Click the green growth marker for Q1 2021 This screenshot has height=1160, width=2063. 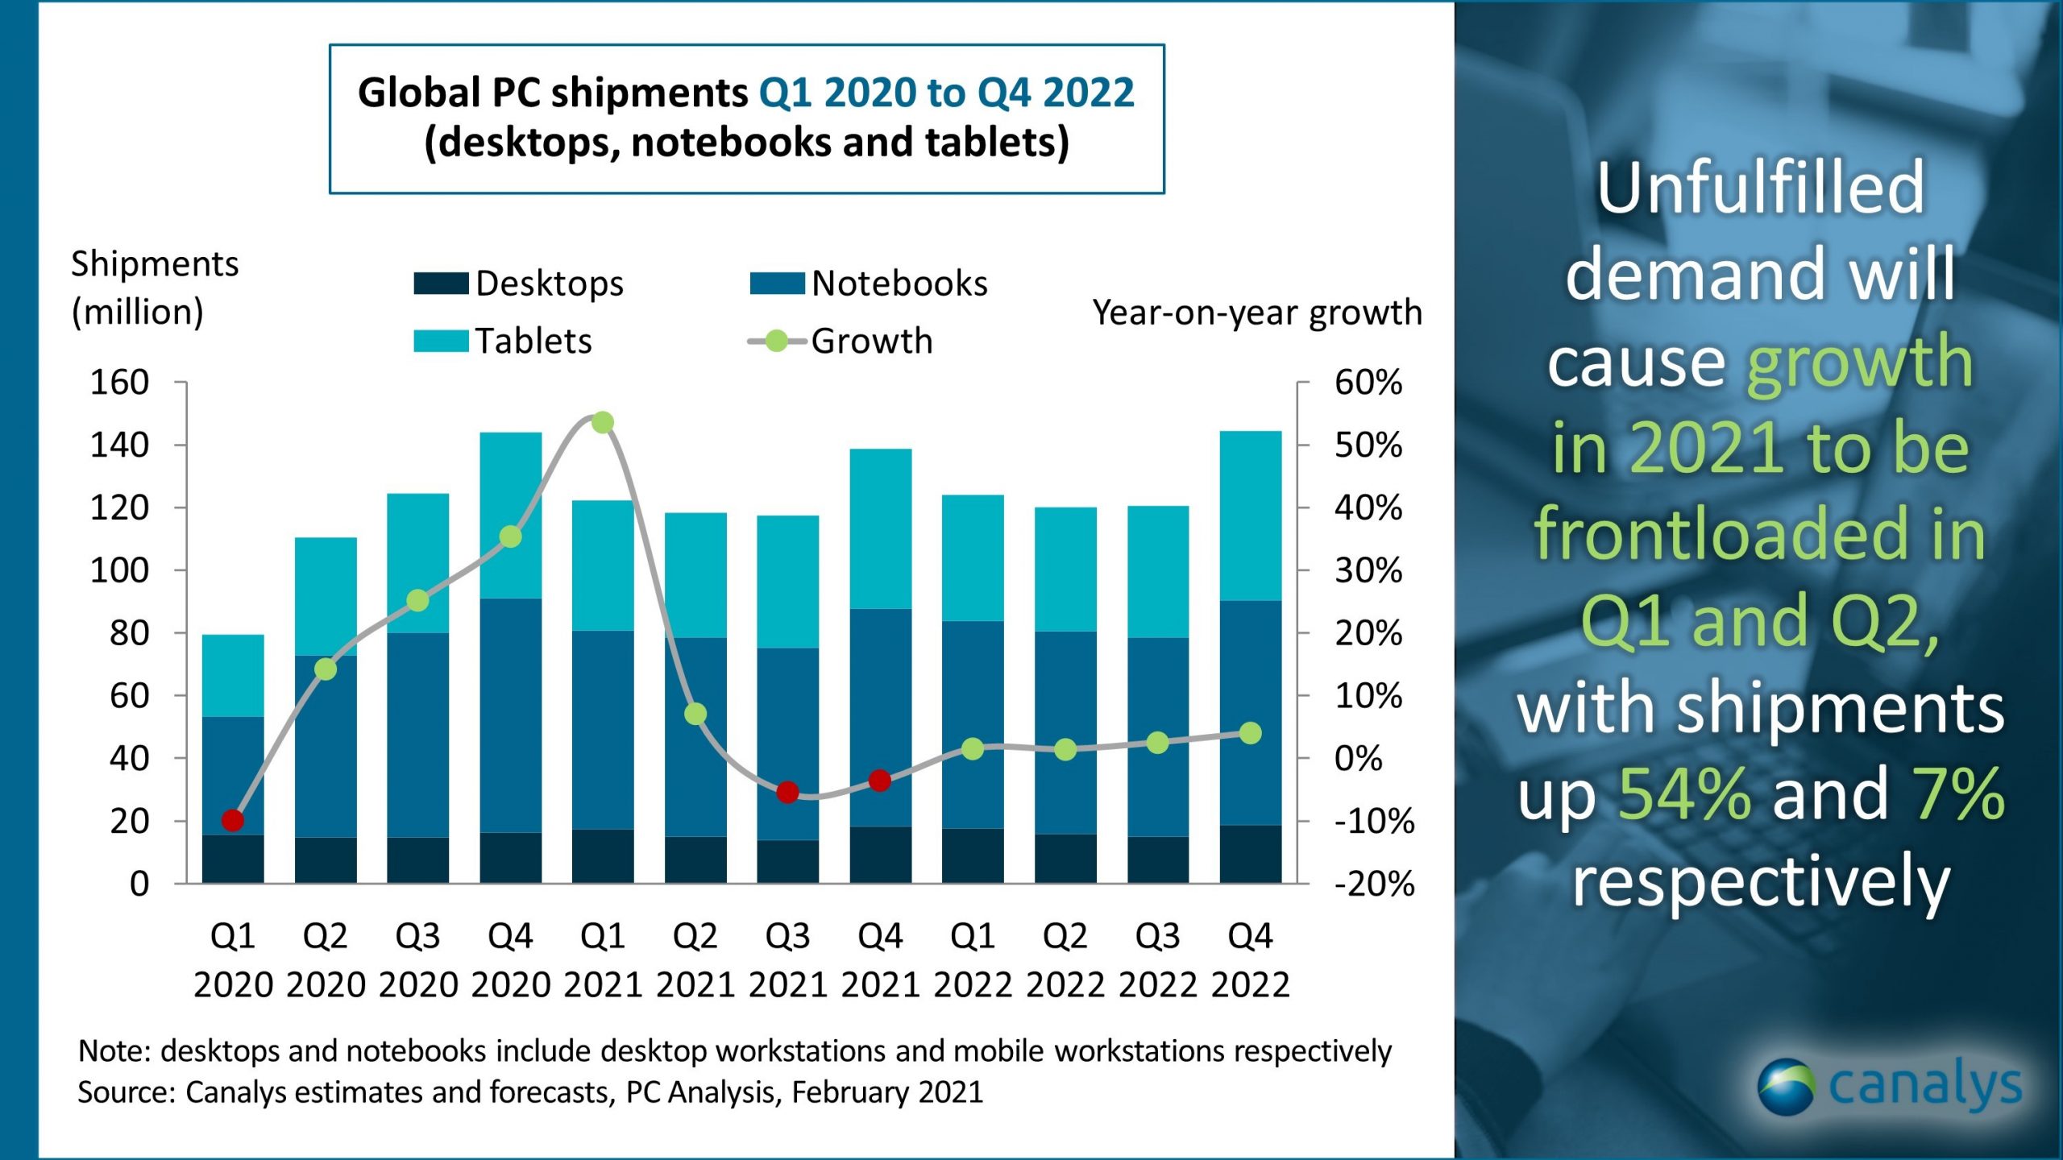(603, 422)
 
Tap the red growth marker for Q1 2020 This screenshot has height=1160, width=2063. (233, 820)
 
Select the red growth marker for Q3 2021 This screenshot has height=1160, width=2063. (787, 793)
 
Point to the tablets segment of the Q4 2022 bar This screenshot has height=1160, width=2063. (1250, 516)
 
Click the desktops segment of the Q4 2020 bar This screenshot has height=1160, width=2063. (510, 857)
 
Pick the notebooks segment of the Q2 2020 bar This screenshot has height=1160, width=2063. (326, 746)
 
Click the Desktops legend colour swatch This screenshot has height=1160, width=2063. (441, 284)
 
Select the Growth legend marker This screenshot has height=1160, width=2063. (776, 342)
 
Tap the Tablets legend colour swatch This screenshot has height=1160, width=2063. (441, 342)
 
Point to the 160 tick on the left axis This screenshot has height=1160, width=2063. (119, 382)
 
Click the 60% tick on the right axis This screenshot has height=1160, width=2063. (1368, 382)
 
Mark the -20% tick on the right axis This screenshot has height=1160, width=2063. (1374, 884)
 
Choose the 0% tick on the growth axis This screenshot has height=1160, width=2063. (1358, 758)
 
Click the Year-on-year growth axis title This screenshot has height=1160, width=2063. (1257, 313)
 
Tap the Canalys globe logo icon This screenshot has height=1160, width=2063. (1786, 1087)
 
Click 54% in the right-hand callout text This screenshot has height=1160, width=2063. (1684, 794)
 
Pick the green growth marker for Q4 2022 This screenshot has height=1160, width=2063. (1250, 733)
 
